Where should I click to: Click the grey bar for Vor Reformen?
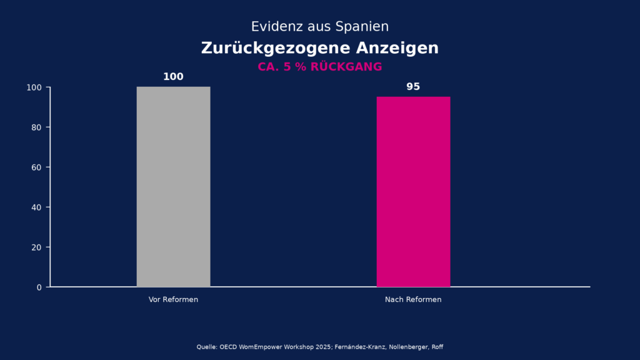tap(173, 187)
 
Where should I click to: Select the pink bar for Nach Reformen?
tap(413, 192)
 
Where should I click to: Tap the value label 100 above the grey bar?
tap(173, 77)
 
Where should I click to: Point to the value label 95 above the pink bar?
tap(413, 87)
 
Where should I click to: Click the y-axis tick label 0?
tap(39, 287)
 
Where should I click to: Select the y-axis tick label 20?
tap(36, 247)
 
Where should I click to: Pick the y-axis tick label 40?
tap(36, 207)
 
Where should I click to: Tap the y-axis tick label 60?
tap(36, 167)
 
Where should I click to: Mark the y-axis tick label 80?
tap(36, 127)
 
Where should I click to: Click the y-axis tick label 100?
tap(34, 87)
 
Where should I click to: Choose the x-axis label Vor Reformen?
tap(173, 300)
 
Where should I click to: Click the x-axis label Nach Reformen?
tap(413, 300)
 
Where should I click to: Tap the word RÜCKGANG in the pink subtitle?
tap(346, 67)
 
